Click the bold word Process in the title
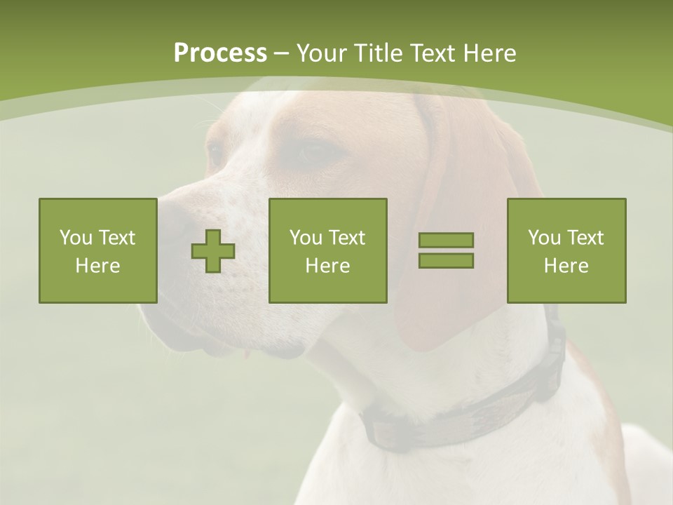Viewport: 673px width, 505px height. tap(220, 53)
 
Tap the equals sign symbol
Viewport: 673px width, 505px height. tap(446, 250)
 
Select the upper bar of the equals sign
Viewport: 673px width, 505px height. tap(446, 241)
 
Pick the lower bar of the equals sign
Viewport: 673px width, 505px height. tap(446, 260)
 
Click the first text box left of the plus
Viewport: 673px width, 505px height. tap(98, 250)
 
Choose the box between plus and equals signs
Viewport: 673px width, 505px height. tap(327, 250)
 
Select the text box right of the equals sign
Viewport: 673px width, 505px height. tap(566, 250)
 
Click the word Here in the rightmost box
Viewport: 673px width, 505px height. tap(566, 266)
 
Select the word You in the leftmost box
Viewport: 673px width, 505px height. tap(75, 238)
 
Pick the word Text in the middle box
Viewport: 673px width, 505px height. tap(347, 238)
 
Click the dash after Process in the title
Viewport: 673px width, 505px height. tap(281, 53)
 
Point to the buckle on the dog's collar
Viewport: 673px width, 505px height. tap(554, 344)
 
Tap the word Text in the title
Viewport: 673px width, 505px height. tap(431, 53)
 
